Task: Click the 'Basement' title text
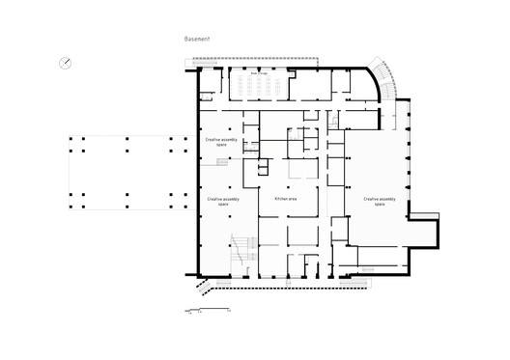pyautogui.click(x=196, y=40)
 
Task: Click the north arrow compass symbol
pyautogui.click(x=65, y=64)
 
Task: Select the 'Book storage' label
pyautogui.click(x=260, y=72)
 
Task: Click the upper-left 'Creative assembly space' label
pyautogui.click(x=221, y=141)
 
